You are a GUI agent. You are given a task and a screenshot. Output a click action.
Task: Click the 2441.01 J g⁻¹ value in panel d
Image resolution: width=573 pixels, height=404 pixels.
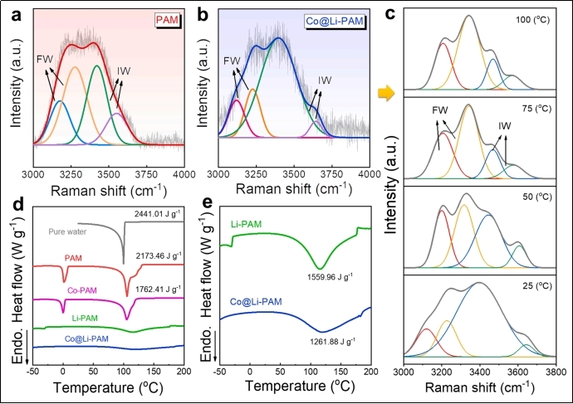coord(155,215)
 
